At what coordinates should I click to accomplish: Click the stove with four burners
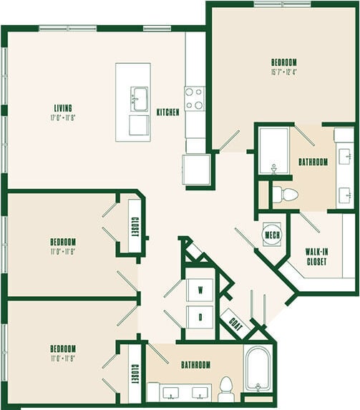coord(195,98)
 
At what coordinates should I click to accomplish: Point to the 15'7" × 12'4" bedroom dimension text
coord(284,72)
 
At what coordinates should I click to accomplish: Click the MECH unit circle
coord(272,235)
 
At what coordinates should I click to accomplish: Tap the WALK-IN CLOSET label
coord(316,257)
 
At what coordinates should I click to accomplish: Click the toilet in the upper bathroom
coord(288,193)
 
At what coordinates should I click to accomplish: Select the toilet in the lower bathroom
coord(226,388)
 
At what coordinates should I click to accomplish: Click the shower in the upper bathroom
coord(273,151)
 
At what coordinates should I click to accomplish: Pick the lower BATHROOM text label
coord(195,365)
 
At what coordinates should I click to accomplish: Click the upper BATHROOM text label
coord(313,162)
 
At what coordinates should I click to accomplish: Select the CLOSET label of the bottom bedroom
coord(134,373)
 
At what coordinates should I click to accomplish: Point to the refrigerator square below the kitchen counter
coord(195,170)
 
